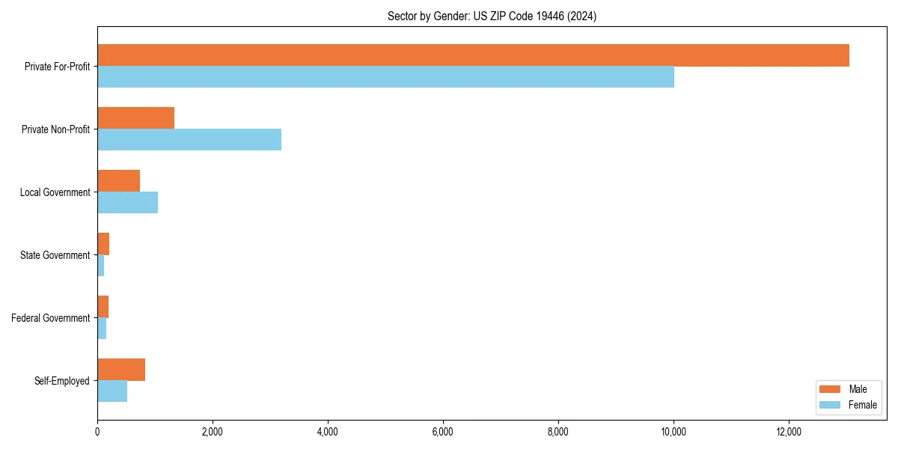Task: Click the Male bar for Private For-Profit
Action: pos(473,55)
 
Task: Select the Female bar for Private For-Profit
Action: pos(385,76)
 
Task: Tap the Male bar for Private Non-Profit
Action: pos(135,118)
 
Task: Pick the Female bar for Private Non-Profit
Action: pos(189,139)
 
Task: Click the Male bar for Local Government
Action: pos(118,181)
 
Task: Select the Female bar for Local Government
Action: pos(127,202)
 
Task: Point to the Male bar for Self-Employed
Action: pos(121,370)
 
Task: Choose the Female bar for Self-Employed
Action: pos(112,391)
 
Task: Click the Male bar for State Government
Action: pos(103,244)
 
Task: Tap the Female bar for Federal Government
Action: pos(102,328)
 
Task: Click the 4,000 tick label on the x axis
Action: pos(328,432)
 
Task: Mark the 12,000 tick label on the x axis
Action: pos(789,432)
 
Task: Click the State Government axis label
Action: pos(55,255)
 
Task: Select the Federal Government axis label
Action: pos(51,318)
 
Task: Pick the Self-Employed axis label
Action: pos(62,381)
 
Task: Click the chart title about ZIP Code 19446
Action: pos(492,16)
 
